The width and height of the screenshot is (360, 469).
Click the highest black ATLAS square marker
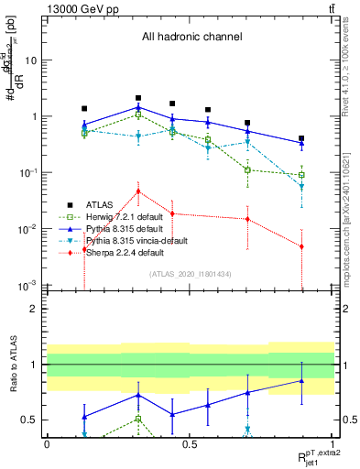138,97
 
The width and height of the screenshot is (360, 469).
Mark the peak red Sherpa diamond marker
138,191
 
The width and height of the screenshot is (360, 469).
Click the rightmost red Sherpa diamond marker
301,245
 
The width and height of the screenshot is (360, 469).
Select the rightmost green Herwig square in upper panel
301,174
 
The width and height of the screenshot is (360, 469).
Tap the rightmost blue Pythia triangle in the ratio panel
301,381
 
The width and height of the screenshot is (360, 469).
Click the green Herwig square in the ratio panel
138,419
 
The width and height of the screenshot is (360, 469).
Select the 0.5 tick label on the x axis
189,444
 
